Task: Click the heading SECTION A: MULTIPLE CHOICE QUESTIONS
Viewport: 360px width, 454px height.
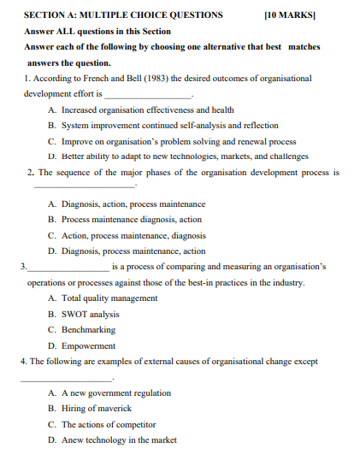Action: pos(123,15)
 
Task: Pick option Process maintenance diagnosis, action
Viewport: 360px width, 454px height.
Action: pos(131,220)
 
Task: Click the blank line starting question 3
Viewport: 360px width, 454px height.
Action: pos(68,268)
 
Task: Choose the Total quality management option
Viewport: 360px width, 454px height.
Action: pos(109,298)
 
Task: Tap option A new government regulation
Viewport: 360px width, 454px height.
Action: pos(115,392)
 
